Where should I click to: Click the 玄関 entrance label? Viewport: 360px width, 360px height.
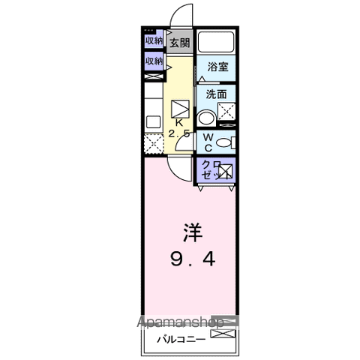[179, 43]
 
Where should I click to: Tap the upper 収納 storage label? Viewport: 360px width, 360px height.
[154, 40]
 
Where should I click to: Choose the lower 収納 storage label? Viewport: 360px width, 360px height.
[154, 60]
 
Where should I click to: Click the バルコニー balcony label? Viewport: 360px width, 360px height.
[177, 338]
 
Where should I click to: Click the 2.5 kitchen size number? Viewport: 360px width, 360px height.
[179, 133]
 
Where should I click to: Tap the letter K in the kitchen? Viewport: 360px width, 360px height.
[179, 122]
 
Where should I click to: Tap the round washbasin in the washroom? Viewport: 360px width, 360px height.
[205, 118]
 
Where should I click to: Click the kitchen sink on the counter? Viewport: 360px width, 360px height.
[152, 120]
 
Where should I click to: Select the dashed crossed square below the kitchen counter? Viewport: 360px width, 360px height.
[153, 143]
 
